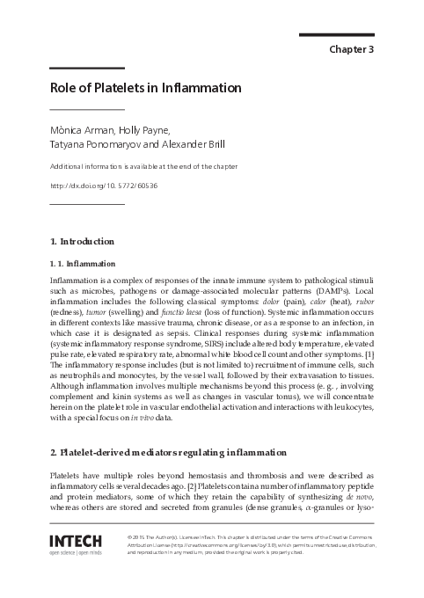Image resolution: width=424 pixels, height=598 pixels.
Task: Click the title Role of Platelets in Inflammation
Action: coord(145,89)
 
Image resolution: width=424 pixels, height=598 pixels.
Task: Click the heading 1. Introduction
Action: coord(83,241)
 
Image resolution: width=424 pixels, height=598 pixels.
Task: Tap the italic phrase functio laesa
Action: coord(182,313)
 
